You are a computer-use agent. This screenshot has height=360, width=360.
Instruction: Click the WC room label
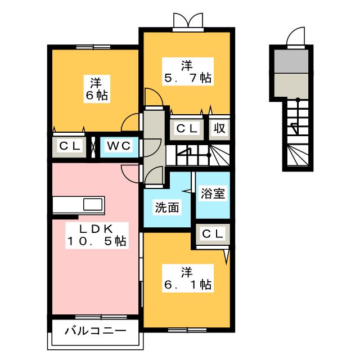(x=119, y=146)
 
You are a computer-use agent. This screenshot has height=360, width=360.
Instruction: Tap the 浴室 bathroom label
(x=213, y=193)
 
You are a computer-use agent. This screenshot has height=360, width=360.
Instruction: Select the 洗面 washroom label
(x=167, y=208)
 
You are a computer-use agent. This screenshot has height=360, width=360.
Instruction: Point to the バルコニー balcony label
(x=96, y=331)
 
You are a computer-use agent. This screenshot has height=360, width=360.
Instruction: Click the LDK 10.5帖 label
(x=97, y=235)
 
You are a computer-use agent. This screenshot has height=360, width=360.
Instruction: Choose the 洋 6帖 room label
(x=97, y=89)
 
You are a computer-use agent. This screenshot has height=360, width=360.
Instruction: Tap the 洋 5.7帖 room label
(x=188, y=71)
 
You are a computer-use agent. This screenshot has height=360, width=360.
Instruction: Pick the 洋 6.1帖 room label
(x=188, y=278)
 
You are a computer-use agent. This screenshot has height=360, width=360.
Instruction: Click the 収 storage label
(x=219, y=128)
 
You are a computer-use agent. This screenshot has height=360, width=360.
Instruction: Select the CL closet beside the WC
(x=70, y=146)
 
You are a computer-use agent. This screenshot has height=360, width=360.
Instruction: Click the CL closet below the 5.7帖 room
(x=187, y=128)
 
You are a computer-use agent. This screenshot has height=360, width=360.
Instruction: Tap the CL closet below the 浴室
(x=213, y=234)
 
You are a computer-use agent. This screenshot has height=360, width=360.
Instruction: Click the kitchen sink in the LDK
(x=92, y=205)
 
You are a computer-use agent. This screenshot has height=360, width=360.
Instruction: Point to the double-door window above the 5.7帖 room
(x=188, y=22)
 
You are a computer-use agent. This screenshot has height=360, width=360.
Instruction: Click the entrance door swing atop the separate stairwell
(x=296, y=37)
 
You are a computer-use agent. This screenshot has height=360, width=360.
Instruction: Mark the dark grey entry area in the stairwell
(x=291, y=61)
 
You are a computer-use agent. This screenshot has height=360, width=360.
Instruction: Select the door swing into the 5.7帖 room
(x=154, y=98)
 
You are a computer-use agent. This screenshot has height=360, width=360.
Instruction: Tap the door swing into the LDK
(x=130, y=174)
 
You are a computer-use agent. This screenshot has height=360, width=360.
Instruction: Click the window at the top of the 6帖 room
(x=93, y=47)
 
